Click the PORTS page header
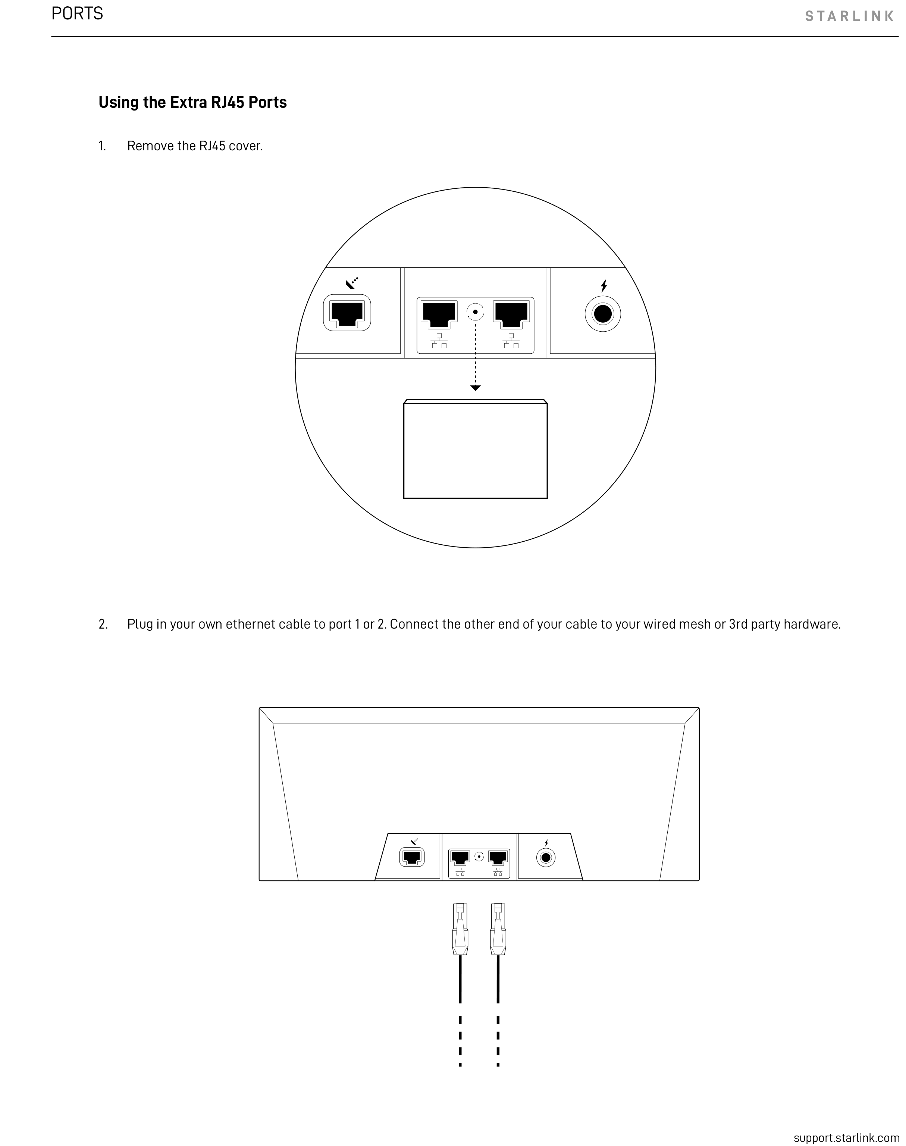[x=78, y=14]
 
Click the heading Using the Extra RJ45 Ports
[x=192, y=102]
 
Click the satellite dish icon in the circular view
[x=352, y=283]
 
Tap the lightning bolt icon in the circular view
[x=604, y=286]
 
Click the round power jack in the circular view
[x=603, y=314]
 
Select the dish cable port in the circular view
[x=347, y=313]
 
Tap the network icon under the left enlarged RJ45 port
[x=439, y=341]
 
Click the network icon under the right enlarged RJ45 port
[x=511, y=341]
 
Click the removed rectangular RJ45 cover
[x=475, y=449]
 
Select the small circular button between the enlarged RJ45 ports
[x=475, y=312]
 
